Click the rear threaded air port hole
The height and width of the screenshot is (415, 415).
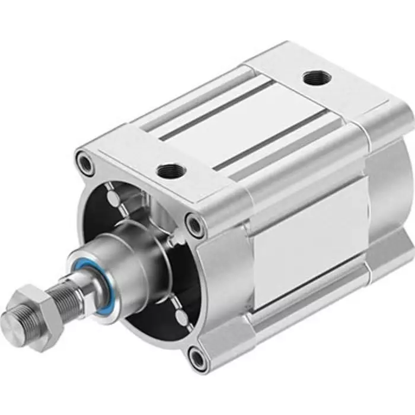pyautogui.click(x=312, y=78)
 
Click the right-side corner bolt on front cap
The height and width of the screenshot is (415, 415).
pyautogui.click(x=194, y=224)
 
